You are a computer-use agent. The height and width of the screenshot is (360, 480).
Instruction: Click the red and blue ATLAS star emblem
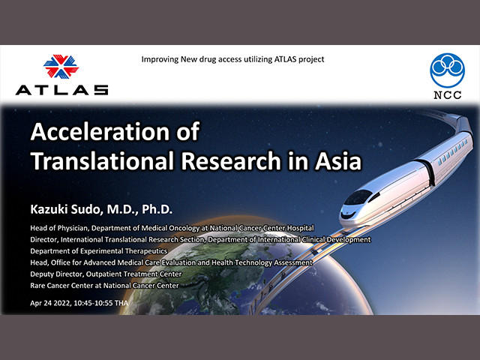(x=61, y=66)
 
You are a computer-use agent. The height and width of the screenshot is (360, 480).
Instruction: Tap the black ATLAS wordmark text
(x=61, y=90)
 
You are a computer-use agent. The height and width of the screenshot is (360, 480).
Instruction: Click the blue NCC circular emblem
(x=447, y=70)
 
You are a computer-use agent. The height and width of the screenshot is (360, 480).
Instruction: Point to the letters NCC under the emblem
(x=448, y=95)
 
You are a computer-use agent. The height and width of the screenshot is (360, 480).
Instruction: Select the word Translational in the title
(x=103, y=160)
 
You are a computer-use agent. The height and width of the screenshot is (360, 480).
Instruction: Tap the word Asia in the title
(x=338, y=160)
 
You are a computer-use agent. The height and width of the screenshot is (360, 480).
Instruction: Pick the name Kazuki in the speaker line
(x=49, y=209)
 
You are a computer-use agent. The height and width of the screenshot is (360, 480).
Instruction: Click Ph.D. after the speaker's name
(x=157, y=209)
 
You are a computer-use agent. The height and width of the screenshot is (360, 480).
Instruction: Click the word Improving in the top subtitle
(x=160, y=59)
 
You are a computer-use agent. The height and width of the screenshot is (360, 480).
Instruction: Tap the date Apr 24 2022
(x=51, y=303)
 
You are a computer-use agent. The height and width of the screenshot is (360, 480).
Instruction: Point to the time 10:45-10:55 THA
(x=101, y=303)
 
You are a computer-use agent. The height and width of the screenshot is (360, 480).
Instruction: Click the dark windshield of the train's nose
(x=358, y=197)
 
